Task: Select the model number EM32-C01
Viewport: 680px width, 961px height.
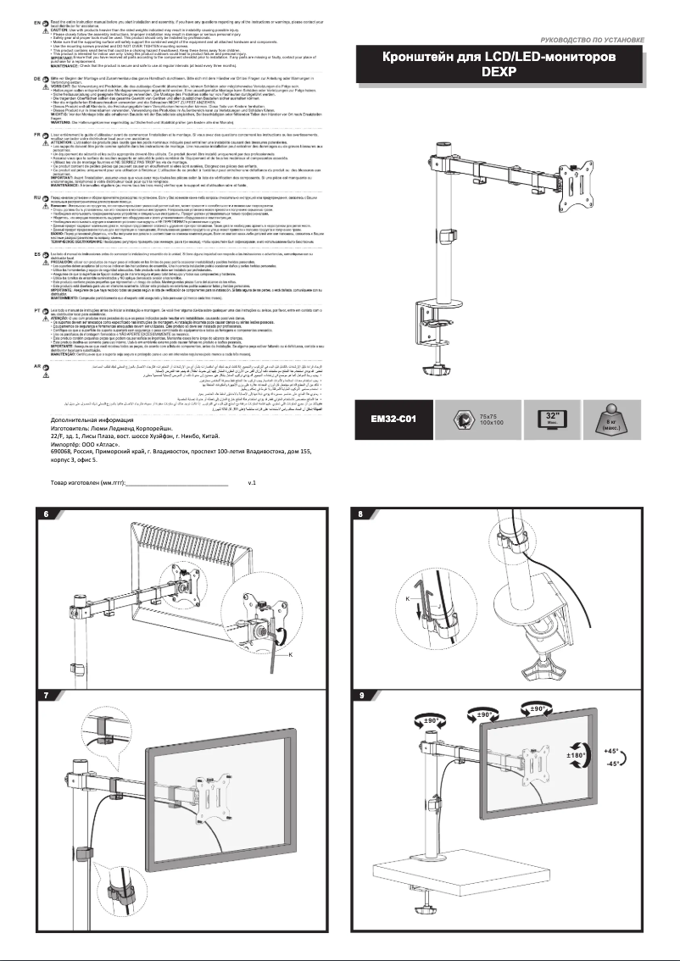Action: (x=396, y=419)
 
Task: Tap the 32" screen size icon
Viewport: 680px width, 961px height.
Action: (x=554, y=419)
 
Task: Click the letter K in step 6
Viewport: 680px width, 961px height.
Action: (x=291, y=655)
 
